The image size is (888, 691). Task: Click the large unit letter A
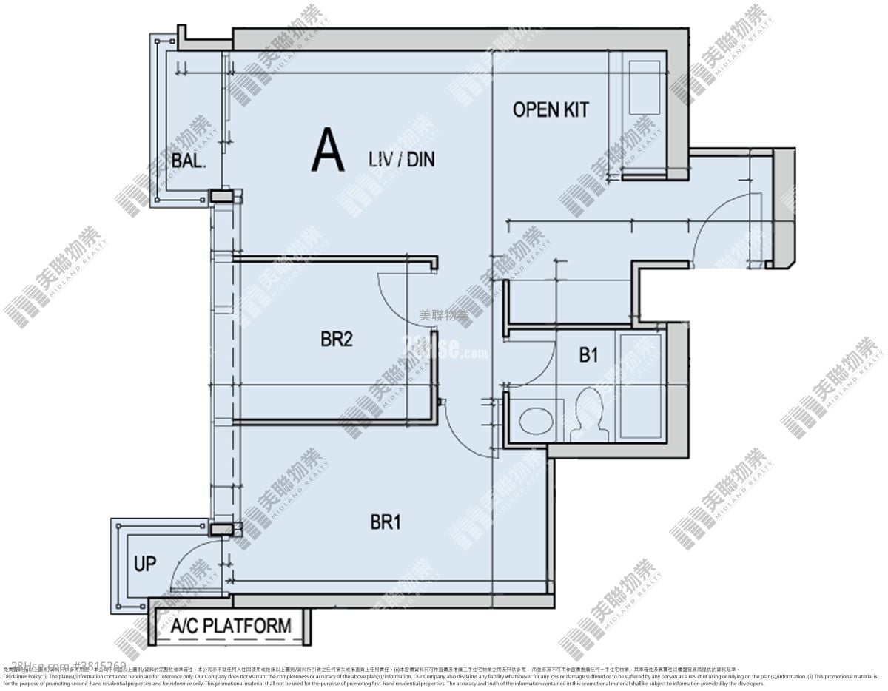[x=328, y=150]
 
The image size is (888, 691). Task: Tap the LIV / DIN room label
[x=400, y=159]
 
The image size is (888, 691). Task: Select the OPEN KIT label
[x=551, y=109]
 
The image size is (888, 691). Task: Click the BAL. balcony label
[x=188, y=161]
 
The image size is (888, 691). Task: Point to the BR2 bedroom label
[x=336, y=340]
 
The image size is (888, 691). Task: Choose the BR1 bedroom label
[x=386, y=522]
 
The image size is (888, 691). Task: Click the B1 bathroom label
[x=588, y=355]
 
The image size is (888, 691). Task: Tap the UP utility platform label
[x=145, y=564]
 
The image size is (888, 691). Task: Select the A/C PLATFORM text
[x=231, y=626]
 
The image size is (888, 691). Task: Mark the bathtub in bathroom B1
[x=642, y=386]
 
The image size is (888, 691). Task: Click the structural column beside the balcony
[x=221, y=196]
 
